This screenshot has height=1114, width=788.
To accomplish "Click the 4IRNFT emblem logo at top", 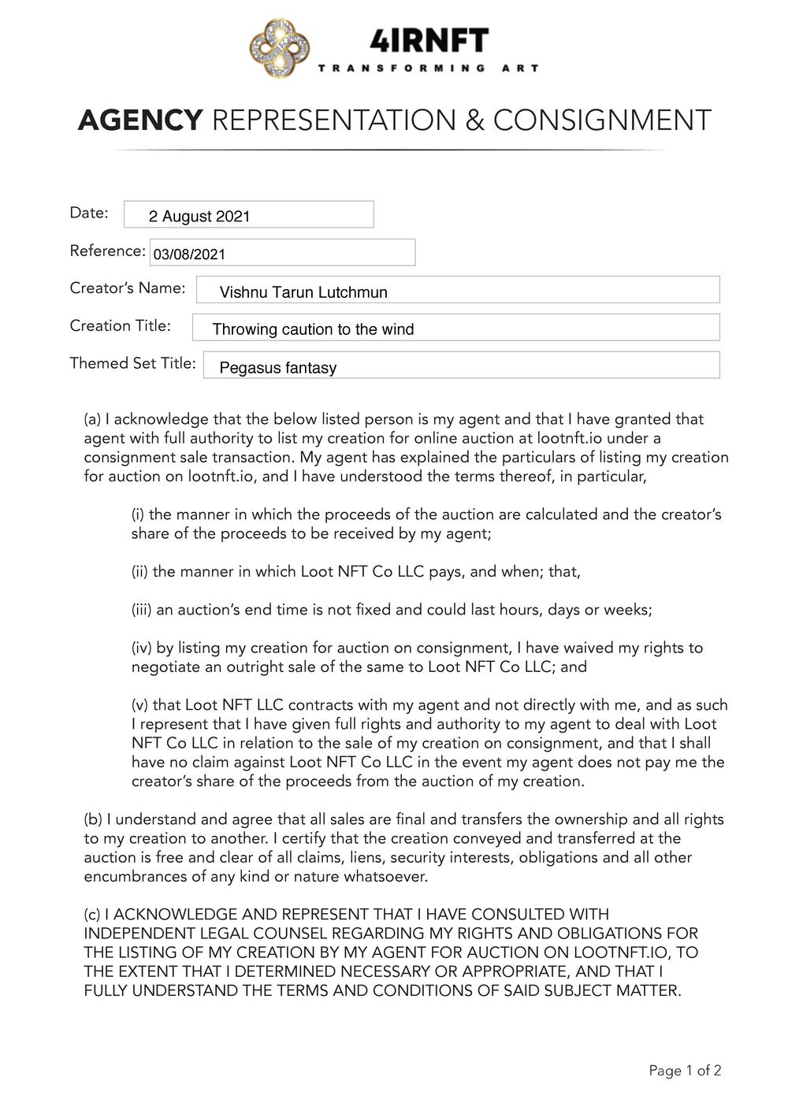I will pyautogui.click(x=280, y=49).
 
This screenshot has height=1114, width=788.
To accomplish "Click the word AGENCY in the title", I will pyautogui.click(x=140, y=121).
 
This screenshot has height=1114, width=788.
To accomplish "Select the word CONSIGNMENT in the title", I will pyautogui.click(x=602, y=121).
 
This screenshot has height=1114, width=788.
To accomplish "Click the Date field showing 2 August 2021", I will pyautogui.click(x=248, y=215).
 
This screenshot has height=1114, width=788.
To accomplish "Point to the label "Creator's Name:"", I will pyautogui.click(x=128, y=288).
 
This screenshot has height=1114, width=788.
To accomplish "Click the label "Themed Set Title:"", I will pyautogui.click(x=132, y=363).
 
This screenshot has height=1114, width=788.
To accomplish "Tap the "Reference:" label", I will pyautogui.click(x=107, y=251).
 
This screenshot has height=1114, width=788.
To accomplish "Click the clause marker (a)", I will pyautogui.click(x=92, y=419).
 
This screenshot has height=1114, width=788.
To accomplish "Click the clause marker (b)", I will pyautogui.click(x=92, y=819).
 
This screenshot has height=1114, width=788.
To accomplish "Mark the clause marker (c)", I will pyautogui.click(x=92, y=915).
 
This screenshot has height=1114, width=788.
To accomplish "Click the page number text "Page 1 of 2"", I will pyautogui.click(x=685, y=1071).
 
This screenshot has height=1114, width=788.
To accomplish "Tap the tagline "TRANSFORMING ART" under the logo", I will pyautogui.click(x=429, y=69).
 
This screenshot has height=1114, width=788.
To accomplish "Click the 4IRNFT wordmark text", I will pyautogui.click(x=429, y=40).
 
